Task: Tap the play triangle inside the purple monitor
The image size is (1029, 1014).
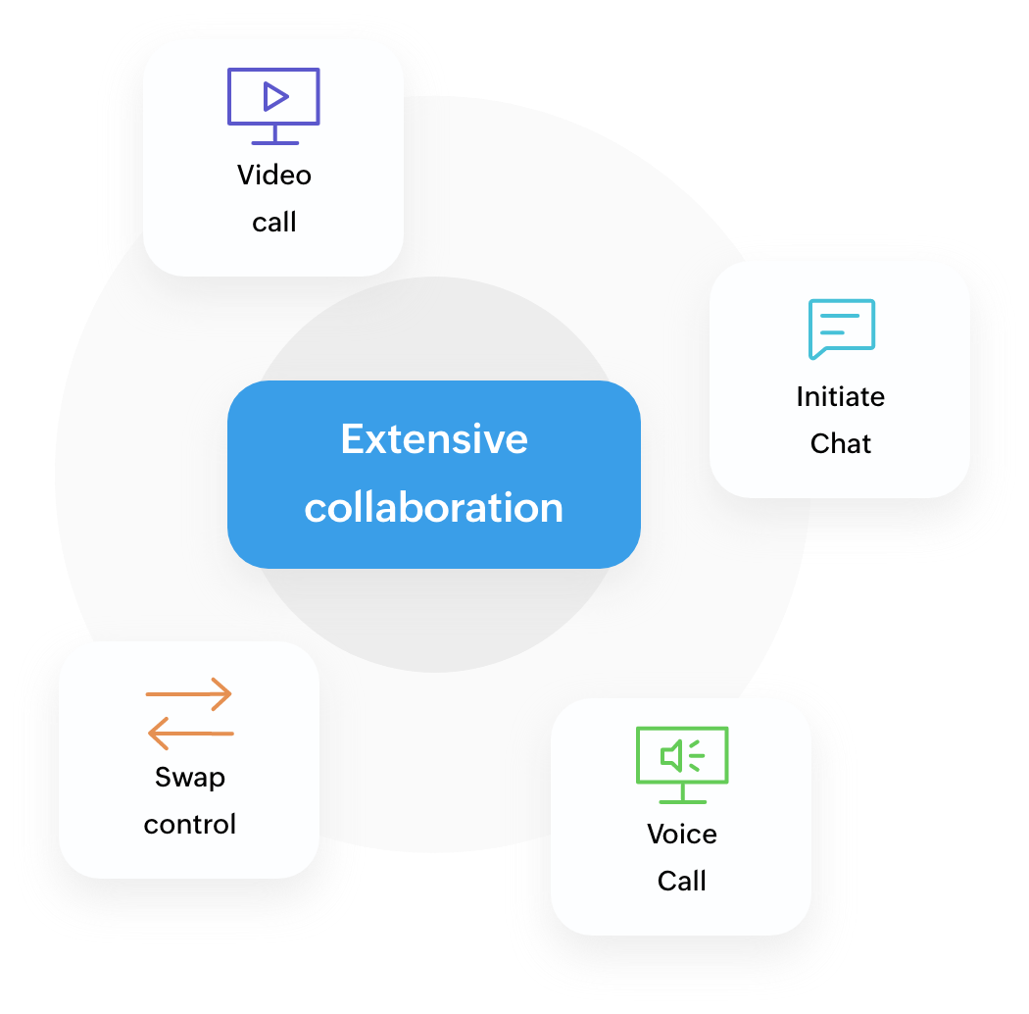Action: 275,96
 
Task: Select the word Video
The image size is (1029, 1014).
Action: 274,176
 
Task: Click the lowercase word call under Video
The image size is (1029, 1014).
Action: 274,223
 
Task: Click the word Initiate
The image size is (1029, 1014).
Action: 840,397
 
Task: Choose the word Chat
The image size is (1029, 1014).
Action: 841,444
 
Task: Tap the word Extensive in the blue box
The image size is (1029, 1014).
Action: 434,439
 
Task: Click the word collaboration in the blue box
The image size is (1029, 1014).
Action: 434,508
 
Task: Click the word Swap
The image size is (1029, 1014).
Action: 190,778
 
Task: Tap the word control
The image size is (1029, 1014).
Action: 190,825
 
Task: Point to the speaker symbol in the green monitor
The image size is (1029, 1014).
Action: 673,755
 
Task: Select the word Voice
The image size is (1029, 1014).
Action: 682,835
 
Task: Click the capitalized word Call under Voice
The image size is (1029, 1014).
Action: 682,881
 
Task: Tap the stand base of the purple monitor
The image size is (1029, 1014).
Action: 273,142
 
